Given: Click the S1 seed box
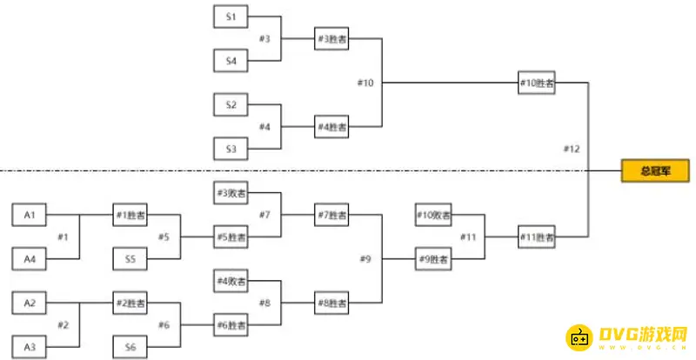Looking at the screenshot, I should (231, 17).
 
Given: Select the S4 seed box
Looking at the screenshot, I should (231, 61).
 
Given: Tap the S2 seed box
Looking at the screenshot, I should (231, 105).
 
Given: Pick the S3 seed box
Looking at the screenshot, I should (231, 149).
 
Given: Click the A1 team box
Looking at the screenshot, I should (29, 214).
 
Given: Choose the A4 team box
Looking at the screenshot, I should (29, 258).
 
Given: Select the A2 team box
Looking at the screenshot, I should (29, 303).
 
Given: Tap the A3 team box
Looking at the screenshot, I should (29, 347).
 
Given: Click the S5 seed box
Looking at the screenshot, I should (130, 258).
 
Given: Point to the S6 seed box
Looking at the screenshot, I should (130, 347).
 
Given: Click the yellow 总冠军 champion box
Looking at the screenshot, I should (655, 171).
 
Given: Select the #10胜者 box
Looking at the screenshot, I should (536, 83).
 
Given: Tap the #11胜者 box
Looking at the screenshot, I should (536, 237).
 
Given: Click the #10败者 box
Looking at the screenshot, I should (432, 215).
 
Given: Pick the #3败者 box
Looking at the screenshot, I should (231, 192).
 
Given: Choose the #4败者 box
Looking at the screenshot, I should (231, 281).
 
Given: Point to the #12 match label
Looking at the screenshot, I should (571, 150).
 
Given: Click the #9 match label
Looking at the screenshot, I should (365, 258).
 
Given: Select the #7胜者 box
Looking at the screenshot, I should (331, 215).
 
